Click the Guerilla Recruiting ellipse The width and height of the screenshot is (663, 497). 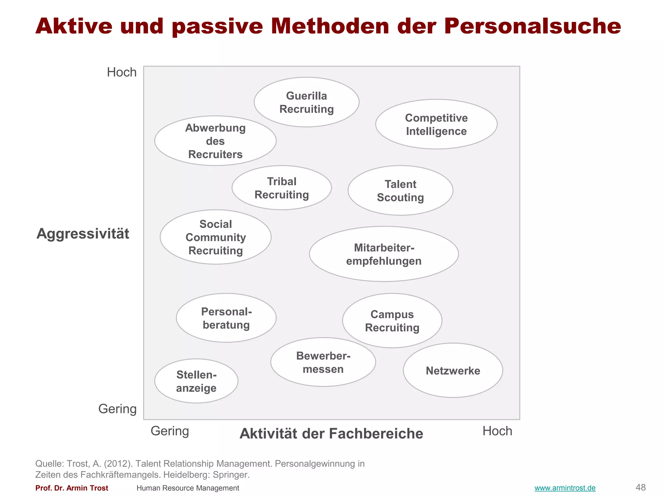click(306, 102)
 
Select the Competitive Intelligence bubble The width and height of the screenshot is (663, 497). click(436, 124)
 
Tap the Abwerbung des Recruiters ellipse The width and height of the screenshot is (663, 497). click(215, 141)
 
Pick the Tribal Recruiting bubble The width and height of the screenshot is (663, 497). click(282, 188)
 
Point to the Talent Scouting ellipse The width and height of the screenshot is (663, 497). click(400, 191)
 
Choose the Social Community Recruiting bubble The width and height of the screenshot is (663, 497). click(216, 237)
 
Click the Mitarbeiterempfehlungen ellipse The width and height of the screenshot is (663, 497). click(384, 254)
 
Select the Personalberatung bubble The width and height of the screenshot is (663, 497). click(226, 318)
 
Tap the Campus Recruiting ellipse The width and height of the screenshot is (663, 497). click(392, 321)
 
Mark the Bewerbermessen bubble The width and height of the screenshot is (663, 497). click(323, 362)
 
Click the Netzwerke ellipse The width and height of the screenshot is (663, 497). click(453, 370)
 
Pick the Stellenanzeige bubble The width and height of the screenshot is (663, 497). click(196, 381)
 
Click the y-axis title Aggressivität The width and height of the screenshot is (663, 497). click(83, 234)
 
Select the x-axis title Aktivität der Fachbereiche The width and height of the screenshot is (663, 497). click(331, 434)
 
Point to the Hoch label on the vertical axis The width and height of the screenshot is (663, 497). click(122, 72)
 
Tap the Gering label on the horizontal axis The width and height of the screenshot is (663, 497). click(170, 431)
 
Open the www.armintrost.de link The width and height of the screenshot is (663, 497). click(565, 488)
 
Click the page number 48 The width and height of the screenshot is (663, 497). click(641, 487)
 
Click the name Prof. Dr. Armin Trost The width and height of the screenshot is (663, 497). click(72, 488)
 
